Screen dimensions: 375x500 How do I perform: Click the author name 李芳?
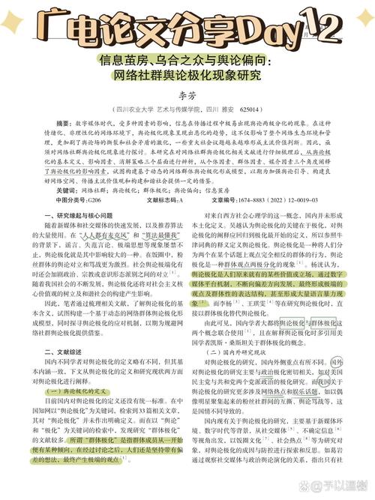coord(187,96)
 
